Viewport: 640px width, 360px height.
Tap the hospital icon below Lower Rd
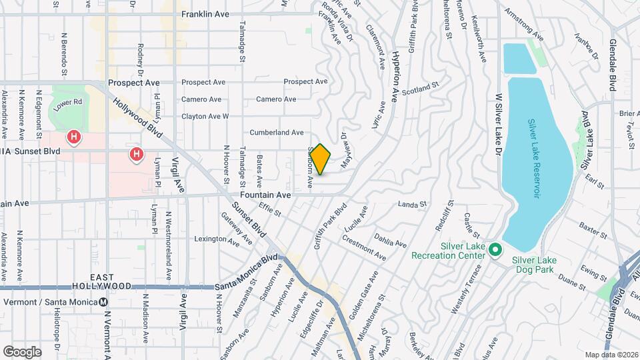pos(74,138)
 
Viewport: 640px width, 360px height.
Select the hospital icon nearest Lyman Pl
pos(137,155)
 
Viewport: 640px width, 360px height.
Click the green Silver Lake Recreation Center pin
pos(495,250)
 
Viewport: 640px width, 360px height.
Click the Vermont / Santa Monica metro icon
pos(103,301)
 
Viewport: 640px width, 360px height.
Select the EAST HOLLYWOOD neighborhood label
pos(112,281)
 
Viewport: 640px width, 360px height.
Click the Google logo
pos(22,351)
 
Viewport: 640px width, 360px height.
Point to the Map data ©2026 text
pos(610,355)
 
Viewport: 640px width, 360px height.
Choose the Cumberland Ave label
pos(277,133)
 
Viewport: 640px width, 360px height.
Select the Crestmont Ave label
pos(364,247)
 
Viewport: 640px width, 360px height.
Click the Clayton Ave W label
pos(205,116)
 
